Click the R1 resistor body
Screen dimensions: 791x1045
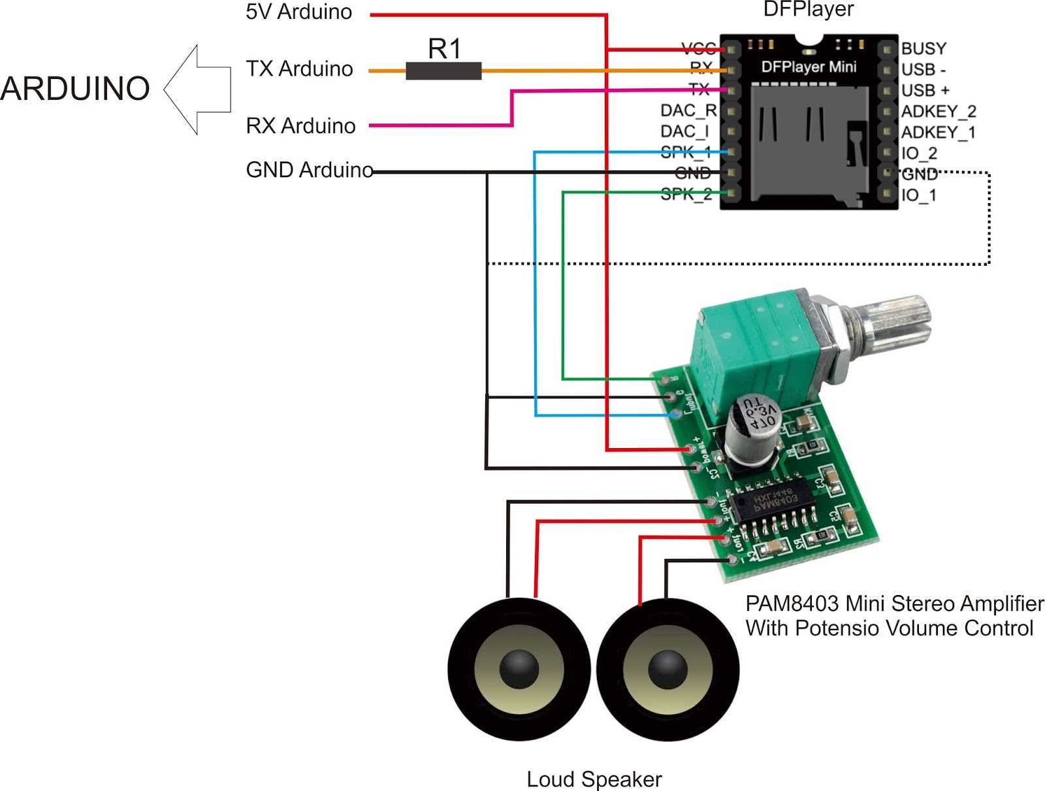click(x=443, y=71)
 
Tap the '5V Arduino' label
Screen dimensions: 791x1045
click(x=298, y=12)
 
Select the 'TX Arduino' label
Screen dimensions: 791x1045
click(x=299, y=69)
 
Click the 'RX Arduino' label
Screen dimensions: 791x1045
click(x=300, y=125)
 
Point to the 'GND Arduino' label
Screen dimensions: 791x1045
click(x=309, y=170)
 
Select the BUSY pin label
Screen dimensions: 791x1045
click(x=924, y=48)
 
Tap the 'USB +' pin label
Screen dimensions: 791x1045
click(x=925, y=90)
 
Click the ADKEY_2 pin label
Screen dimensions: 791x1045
click(x=939, y=112)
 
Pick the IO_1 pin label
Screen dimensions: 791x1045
click(x=918, y=195)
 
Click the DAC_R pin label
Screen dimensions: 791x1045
click(x=688, y=110)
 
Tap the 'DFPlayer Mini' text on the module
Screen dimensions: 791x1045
click(x=809, y=67)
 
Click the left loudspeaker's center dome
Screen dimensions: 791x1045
click(x=519, y=670)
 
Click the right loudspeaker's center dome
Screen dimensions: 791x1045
click(x=667, y=670)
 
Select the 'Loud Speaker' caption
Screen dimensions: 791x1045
click(x=594, y=779)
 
